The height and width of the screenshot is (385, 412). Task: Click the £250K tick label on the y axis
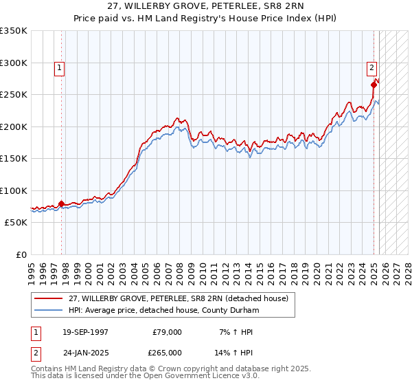14,95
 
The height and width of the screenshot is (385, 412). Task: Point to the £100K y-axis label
14,190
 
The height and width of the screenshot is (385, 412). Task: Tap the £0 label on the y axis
21,254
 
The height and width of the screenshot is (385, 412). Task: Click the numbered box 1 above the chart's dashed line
60,67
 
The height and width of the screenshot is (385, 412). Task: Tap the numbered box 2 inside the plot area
371,67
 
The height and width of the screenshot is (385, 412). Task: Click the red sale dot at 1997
61,203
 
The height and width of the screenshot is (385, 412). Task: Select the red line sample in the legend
49,298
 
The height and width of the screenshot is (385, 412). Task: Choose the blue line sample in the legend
49,310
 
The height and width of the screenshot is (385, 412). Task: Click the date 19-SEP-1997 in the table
85,332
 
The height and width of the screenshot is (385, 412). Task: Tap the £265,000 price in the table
168,352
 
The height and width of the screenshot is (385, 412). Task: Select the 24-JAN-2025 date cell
85,352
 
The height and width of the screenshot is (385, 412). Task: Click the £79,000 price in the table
168,332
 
